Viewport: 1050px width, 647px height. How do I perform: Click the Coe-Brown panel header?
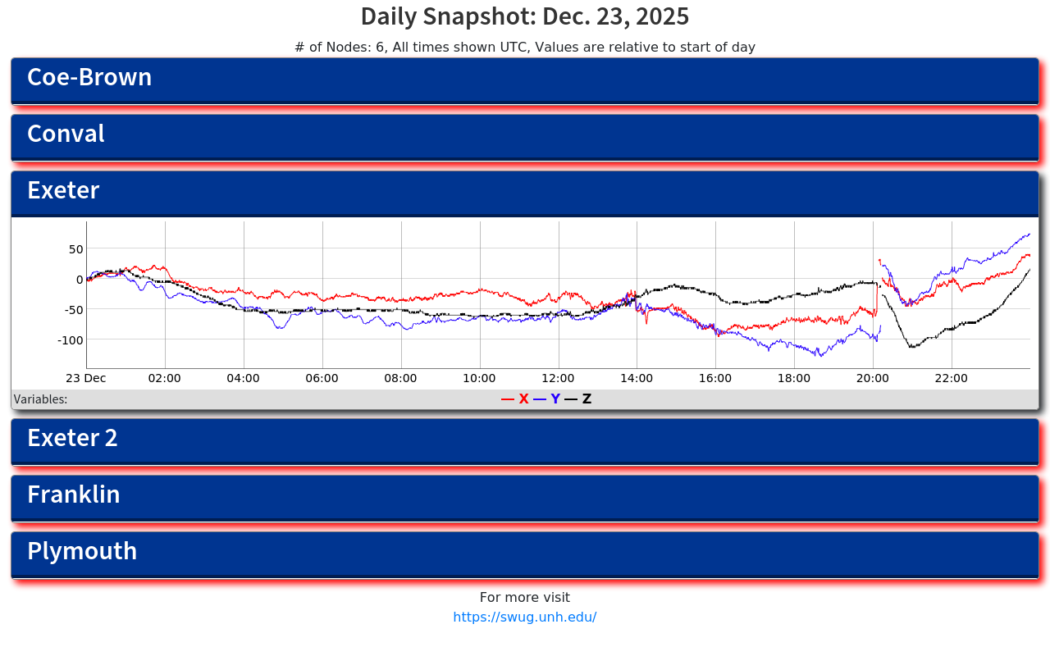click(525, 80)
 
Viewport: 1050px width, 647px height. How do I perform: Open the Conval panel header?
click(525, 136)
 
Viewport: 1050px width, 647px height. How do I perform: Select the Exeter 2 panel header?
click(525, 440)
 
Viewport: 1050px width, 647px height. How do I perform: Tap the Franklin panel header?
click(525, 497)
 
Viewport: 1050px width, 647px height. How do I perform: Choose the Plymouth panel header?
click(525, 554)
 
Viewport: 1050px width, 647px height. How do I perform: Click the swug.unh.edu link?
click(524, 617)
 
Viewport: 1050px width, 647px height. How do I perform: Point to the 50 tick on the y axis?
click(75, 249)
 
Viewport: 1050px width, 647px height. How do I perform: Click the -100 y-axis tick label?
click(71, 339)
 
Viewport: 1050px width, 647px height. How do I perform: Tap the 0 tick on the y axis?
click(79, 280)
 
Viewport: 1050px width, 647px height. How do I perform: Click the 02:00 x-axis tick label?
click(165, 378)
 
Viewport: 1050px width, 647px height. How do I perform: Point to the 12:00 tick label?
click(558, 378)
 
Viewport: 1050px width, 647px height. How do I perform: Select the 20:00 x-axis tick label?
click(873, 378)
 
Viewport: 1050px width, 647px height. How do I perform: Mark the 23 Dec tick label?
click(86, 378)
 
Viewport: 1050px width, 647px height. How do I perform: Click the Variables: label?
click(40, 399)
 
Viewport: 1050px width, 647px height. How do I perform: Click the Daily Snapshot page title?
click(525, 16)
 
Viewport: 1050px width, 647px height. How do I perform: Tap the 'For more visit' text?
click(524, 598)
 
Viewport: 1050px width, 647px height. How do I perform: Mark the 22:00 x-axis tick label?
click(952, 378)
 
